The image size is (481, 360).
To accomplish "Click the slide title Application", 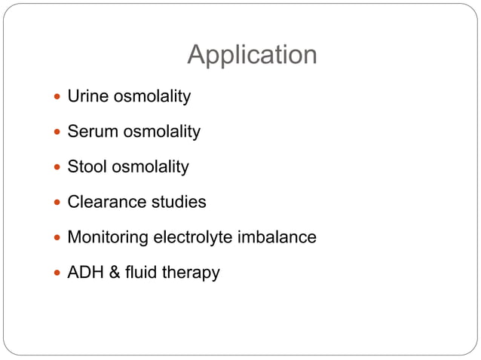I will tap(252, 55).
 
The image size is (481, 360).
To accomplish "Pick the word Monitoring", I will tap(109, 237).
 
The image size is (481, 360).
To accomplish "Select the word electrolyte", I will tap(194, 237).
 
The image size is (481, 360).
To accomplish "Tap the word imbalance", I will tap(277, 237).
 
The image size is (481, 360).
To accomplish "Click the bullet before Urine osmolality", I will tap(57, 97).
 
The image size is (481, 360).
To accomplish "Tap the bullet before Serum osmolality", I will tap(57, 133).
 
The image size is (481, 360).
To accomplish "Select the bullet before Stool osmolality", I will tap(57, 167).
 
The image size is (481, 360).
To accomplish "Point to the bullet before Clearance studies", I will tap(57, 203).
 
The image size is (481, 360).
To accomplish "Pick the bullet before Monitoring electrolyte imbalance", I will tap(57, 238).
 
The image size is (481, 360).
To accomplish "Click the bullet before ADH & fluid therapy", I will tap(57, 273).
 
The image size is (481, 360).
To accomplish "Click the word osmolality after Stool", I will tap(150, 167).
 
